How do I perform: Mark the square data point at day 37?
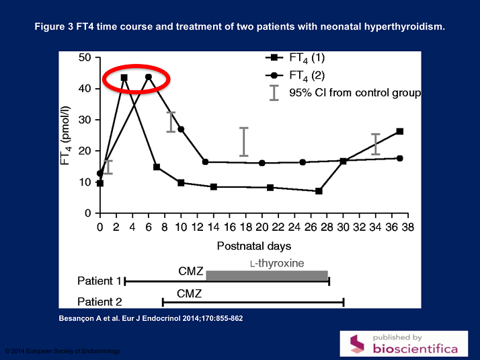(400, 131)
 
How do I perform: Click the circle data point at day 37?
(400, 158)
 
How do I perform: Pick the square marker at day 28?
(319, 191)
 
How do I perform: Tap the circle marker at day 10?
(181, 129)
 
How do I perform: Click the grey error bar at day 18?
(244, 142)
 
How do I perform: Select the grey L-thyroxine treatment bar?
(267, 276)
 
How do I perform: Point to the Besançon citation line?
(147, 318)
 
